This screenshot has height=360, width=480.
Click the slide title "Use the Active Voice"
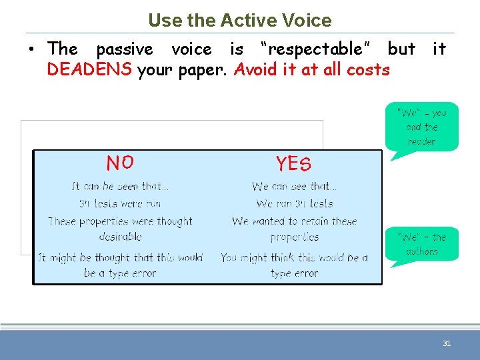point(240,20)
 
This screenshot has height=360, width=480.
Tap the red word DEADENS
point(89,69)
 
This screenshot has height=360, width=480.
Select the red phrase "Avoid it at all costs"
point(311,69)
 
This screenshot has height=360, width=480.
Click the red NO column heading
point(120,163)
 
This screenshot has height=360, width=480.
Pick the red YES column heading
point(293,163)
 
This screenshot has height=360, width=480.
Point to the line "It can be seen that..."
point(120,187)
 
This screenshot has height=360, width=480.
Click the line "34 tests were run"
point(120,203)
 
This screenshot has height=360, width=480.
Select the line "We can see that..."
point(294,187)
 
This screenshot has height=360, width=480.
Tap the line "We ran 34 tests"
point(294,203)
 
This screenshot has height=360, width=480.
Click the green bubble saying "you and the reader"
point(421,127)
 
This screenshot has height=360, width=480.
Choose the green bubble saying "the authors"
point(421,244)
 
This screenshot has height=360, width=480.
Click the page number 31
point(447,343)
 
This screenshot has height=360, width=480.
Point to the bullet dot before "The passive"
point(31,49)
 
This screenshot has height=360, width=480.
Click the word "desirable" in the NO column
point(120,237)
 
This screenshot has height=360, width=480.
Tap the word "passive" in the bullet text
point(125,49)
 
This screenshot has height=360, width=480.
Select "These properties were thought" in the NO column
point(120,221)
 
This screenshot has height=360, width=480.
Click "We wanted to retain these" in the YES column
point(294,221)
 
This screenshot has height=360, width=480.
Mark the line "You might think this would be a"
point(294,257)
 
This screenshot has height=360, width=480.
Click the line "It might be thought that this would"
point(120,257)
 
